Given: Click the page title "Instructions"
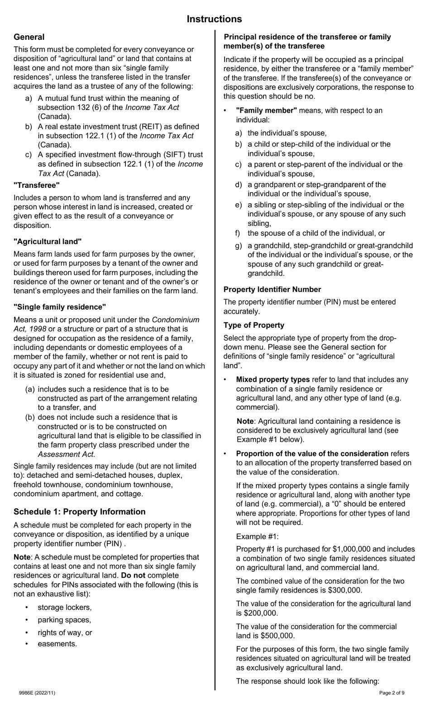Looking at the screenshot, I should (x=214, y=19).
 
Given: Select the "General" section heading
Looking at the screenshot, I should (x=29, y=37).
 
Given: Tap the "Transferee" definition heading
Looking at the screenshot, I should (x=36, y=185).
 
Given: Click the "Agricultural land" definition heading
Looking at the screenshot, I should (x=48, y=242).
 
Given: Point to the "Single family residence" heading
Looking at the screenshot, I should (x=60, y=307).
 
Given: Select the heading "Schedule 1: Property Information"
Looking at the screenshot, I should (x=79, y=512).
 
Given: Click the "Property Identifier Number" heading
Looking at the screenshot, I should (x=272, y=289).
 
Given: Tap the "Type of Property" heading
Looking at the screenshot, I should (x=253, y=325).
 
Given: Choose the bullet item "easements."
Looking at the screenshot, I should (x=57, y=644).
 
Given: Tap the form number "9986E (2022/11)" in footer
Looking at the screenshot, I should (x=37, y=693).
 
